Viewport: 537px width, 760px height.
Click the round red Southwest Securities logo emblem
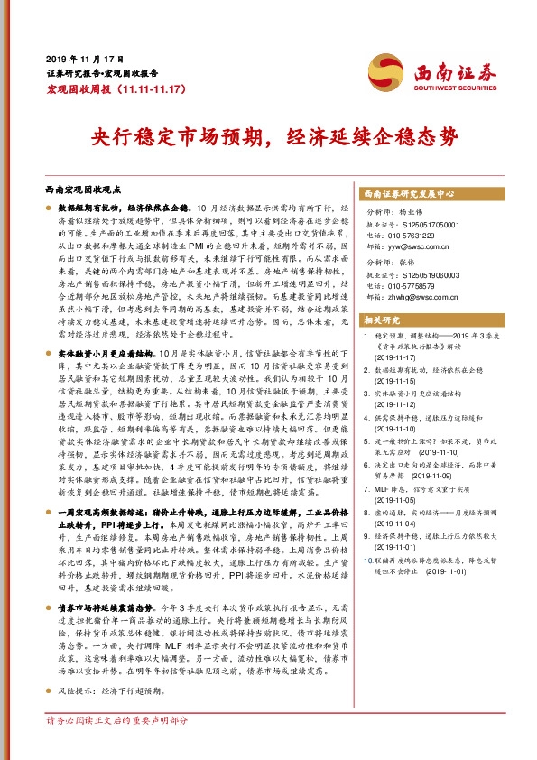[381, 70]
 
